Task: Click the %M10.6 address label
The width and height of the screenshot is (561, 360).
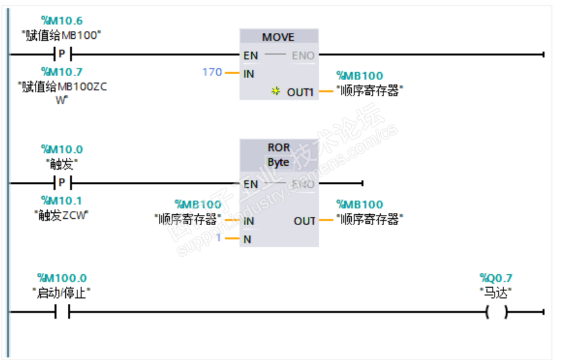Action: [61, 21]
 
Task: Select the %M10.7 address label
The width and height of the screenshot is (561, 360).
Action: [61, 72]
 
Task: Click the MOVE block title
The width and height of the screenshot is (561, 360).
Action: [278, 37]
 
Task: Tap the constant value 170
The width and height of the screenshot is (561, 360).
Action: [212, 72]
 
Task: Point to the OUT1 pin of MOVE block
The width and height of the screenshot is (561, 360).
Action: [300, 92]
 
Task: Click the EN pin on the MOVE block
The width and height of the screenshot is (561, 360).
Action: [250, 55]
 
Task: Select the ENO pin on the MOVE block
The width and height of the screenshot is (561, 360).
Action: [303, 55]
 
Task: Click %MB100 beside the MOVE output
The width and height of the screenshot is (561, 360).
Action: [360, 76]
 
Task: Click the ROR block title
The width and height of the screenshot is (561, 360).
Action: [278, 148]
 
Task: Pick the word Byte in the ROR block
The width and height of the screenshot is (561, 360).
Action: [278, 162]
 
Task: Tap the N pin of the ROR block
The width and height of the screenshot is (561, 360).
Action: [247, 240]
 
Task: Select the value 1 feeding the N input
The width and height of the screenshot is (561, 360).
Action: [219, 239]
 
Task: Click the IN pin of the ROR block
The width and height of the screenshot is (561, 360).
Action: [249, 221]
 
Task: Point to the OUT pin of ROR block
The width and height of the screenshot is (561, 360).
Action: [304, 221]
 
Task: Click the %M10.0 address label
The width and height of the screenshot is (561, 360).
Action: [61, 149]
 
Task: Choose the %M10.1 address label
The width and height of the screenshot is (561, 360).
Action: [61, 200]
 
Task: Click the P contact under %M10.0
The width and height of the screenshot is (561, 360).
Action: [62, 183]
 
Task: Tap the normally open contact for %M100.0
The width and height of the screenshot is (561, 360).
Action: [62, 312]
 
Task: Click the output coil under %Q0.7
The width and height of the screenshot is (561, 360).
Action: [496, 312]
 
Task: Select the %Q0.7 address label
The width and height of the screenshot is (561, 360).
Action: [496, 278]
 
